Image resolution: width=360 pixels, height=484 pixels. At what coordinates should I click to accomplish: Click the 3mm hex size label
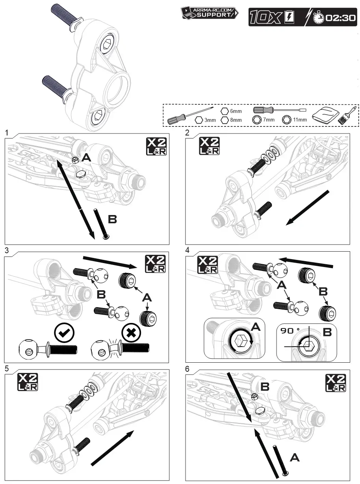click(x=210, y=120)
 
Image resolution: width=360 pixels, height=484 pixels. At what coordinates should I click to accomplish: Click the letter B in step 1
click(x=112, y=220)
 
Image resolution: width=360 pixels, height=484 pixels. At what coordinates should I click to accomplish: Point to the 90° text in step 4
click(x=290, y=332)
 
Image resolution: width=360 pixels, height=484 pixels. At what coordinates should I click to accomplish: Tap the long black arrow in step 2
click(x=308, y=208)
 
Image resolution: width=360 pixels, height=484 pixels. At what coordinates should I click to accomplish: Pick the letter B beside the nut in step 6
click(x=265, y=387)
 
